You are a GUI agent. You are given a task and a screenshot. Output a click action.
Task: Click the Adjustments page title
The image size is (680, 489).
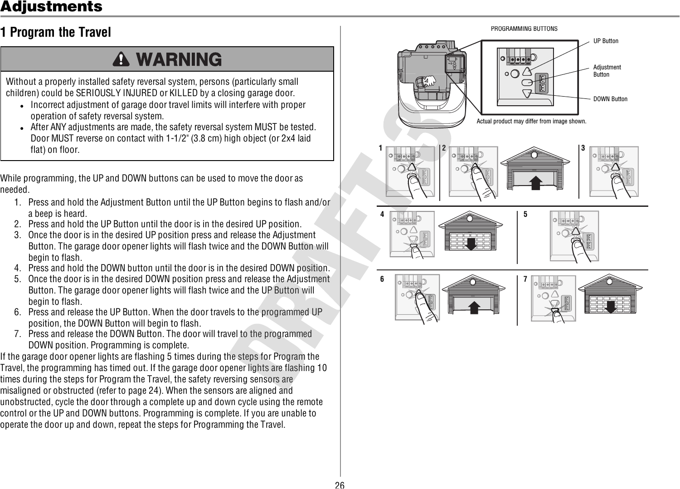pos(51,7)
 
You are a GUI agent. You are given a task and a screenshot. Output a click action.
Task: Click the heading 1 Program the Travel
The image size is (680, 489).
pos(56,33)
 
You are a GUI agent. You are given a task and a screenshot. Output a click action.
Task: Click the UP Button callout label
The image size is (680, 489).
pos(606,41)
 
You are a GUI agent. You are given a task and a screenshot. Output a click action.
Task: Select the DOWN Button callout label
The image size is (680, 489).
pos(610,99)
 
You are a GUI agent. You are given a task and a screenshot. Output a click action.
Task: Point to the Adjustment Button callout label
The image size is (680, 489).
pos(607,71)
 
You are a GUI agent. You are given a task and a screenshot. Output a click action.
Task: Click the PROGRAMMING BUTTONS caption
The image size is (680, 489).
pos(524,29)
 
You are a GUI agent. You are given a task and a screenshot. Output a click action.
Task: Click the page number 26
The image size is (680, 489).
pos(339,485)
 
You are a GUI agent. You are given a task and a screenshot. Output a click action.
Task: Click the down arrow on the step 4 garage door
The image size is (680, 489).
pos(471,244)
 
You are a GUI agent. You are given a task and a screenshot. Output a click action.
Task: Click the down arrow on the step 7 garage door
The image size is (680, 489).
pos(610,306)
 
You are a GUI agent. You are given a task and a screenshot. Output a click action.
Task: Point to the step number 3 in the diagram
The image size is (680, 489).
pos(583,148)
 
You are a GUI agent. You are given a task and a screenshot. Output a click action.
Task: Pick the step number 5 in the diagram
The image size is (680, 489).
pos(525,214)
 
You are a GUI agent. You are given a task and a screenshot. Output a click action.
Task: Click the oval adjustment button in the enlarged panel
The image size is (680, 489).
pos(527,83)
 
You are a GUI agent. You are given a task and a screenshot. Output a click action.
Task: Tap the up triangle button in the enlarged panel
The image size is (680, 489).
pos(527,72)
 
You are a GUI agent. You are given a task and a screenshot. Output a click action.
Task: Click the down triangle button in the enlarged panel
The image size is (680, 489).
pos(527,93)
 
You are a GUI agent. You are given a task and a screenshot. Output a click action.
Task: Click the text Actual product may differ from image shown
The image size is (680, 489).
pos(531,122)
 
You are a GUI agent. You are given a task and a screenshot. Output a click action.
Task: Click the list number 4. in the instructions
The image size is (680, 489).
pos(17,268)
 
